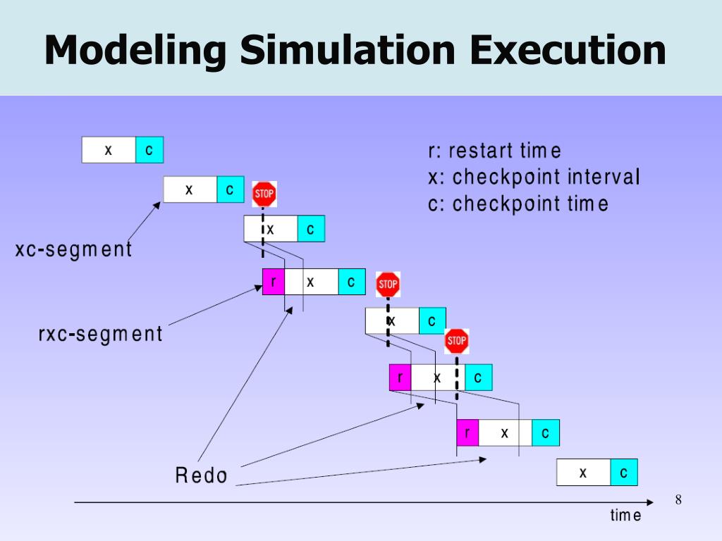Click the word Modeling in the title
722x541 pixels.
(x=135, y=51)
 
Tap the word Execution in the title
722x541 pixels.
(x=568, y=51)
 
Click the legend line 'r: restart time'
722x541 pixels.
(x=494, y=151)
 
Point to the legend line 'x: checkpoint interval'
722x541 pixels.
(x=534, y=177)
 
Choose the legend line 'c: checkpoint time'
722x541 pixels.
(x=518, y=204)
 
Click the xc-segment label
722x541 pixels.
(x=74, y=249)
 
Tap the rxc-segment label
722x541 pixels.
(x=100, y=334)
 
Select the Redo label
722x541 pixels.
(x=202, y=476)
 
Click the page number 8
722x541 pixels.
(x=678, y=500)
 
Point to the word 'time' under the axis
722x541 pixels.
(x=625, y=516)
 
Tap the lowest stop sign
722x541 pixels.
(x=457, y=342)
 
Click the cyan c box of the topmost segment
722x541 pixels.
(x=149, y=150)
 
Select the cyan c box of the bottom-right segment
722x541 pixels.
(x=623, y=473)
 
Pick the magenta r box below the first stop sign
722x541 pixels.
(x=274, y=282)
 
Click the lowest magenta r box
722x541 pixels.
(x=467, y=433)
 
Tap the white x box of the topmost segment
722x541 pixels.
(x=109, y=150)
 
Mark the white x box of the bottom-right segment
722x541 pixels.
(x=583, y=473)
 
